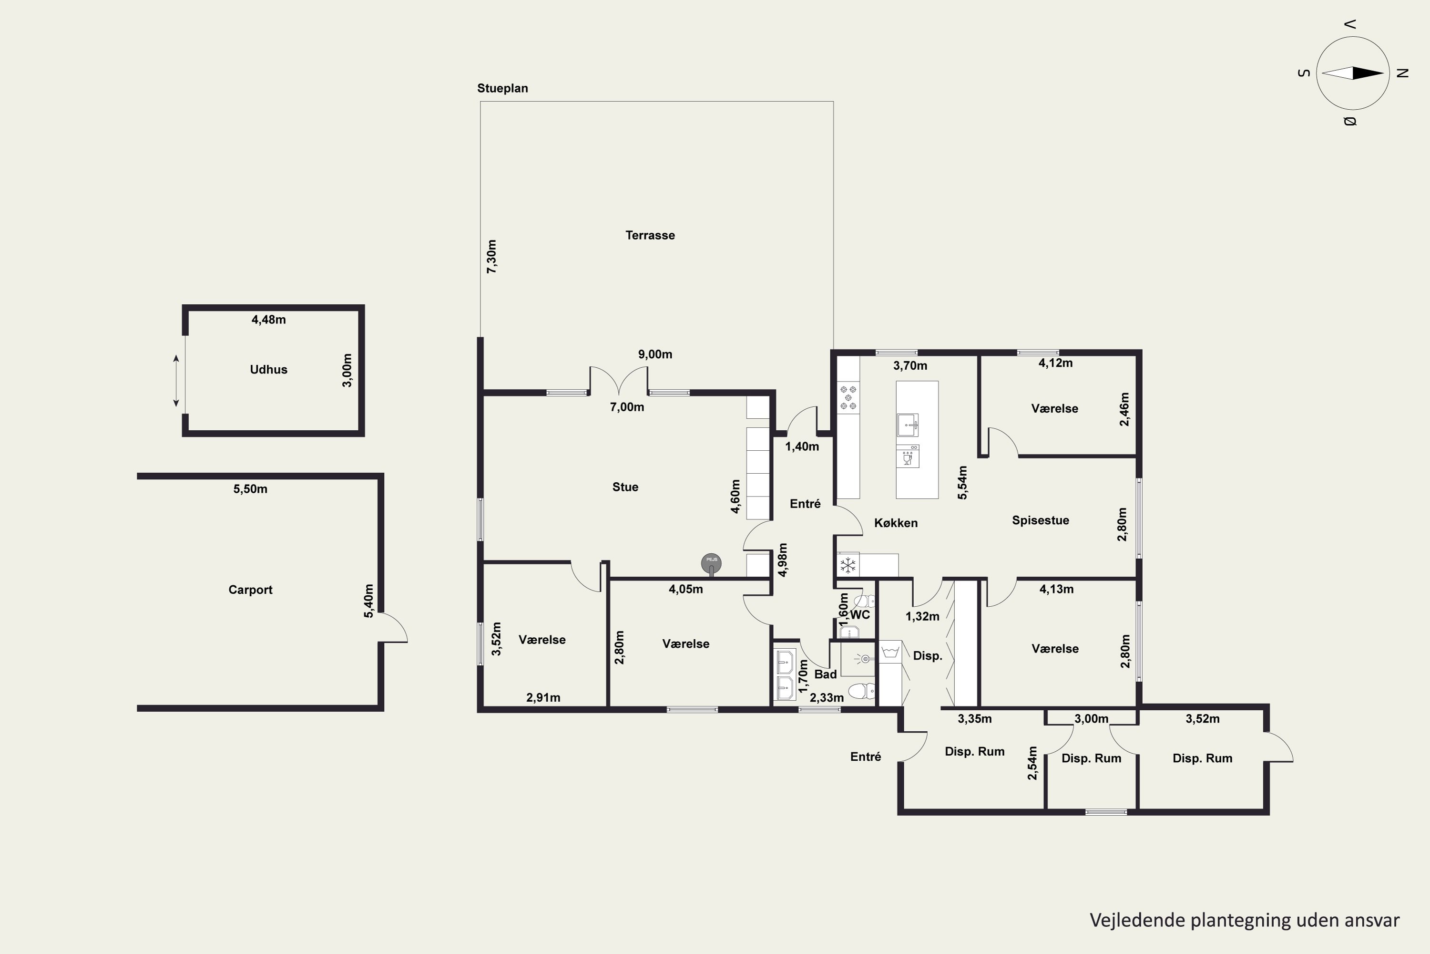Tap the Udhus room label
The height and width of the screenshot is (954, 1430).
click(269, 369)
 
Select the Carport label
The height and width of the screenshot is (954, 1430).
click(251, 590)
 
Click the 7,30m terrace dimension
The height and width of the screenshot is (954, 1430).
click(491, 256)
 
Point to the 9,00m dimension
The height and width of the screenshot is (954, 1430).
click(655, 354)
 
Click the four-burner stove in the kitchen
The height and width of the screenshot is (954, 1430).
click(848, 397)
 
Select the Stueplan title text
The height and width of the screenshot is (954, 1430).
click(503, 88)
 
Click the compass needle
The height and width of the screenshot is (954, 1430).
click(1353, 73)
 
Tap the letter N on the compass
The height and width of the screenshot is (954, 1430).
click(1403, 73)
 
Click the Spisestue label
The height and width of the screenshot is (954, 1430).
click(1040, 520)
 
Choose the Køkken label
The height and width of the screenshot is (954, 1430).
click(896, 523)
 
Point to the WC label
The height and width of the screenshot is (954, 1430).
click(860, 614)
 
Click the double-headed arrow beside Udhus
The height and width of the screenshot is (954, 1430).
click(176, 381)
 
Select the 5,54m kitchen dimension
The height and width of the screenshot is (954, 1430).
click(962, 482)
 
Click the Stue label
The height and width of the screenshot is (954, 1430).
click(625, 487)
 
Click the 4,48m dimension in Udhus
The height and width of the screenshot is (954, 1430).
click(269, 320)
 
